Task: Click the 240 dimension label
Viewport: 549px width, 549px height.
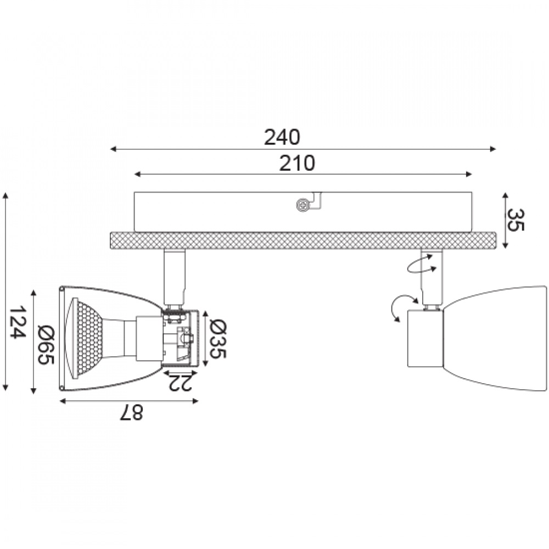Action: pyautogui.click(x=282, y=137)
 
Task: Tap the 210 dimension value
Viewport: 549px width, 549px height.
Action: pyautogui.click(x=297, y=163)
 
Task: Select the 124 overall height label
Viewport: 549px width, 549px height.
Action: pyautogui.click(x=17, y=322)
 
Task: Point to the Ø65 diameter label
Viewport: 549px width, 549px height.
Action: pyautogui.click(x=46, y=345)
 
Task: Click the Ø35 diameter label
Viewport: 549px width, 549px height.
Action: pyautogui.click(x=218, y=339)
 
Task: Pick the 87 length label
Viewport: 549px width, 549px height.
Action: pyautogui.click(x=131, y=412)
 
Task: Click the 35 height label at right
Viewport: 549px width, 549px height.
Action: pyautogui.click(x=516, y=220)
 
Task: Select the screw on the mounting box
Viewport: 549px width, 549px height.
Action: pyautogui.click(x=303, y=204)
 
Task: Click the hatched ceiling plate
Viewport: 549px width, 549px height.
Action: pyautogui.click(x=303, y=240)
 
